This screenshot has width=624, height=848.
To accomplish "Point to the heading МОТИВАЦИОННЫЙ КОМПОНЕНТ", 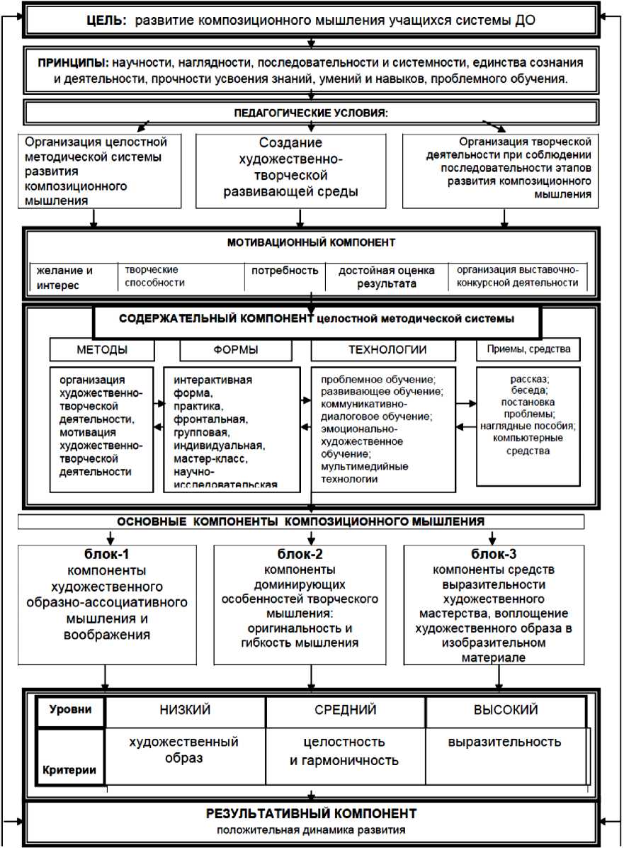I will [x=311, y=243].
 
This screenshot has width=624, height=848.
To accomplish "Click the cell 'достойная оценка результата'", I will [x=386, y=277].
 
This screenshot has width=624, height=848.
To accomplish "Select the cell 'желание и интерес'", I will [x=66, y=277].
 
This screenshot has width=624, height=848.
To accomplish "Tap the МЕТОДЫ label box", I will [x=102, y=349].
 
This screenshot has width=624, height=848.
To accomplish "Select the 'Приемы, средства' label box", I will [x=528, y=349].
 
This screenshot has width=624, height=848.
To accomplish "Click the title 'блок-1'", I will [x=106, y=554].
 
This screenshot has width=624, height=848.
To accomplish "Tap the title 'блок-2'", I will [x=307, y=554].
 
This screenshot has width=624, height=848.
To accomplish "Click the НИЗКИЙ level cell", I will [x=186, y=710].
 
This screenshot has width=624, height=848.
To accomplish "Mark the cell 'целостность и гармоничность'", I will [x=345, y=752].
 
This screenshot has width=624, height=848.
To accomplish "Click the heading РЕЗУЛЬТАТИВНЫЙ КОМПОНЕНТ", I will [x=311, y=813].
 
